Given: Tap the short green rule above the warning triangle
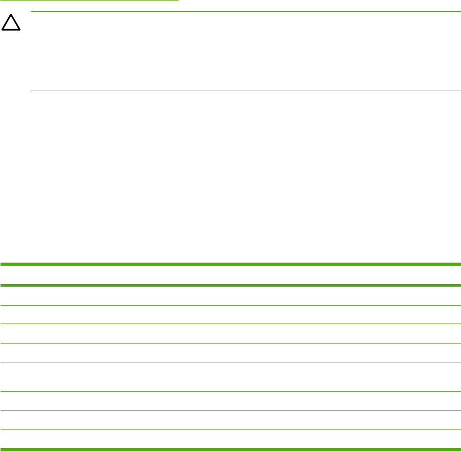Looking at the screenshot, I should coord(90,1).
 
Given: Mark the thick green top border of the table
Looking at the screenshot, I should coord(230,264).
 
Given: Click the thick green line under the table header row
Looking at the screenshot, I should coord(230,285).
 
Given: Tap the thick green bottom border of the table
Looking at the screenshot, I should coord(230,449).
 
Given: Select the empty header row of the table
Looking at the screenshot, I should coord(230,274).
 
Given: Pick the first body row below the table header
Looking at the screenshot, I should coord(230,295).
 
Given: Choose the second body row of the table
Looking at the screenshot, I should coord(230,314).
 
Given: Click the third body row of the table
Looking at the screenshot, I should coord(230,333).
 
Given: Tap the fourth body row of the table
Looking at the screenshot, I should coord(230,352).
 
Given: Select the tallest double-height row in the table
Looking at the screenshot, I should coord(230,377).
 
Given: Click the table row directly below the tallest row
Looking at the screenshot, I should coord(230,401).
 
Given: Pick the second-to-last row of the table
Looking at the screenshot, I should coord(230,420).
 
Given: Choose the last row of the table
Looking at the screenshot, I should coord(230,439).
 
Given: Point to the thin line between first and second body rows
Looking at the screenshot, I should coord(230,305).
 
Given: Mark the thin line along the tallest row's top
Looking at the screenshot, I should coord(230,362).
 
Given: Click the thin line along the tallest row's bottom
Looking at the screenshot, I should coord(230,392).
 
